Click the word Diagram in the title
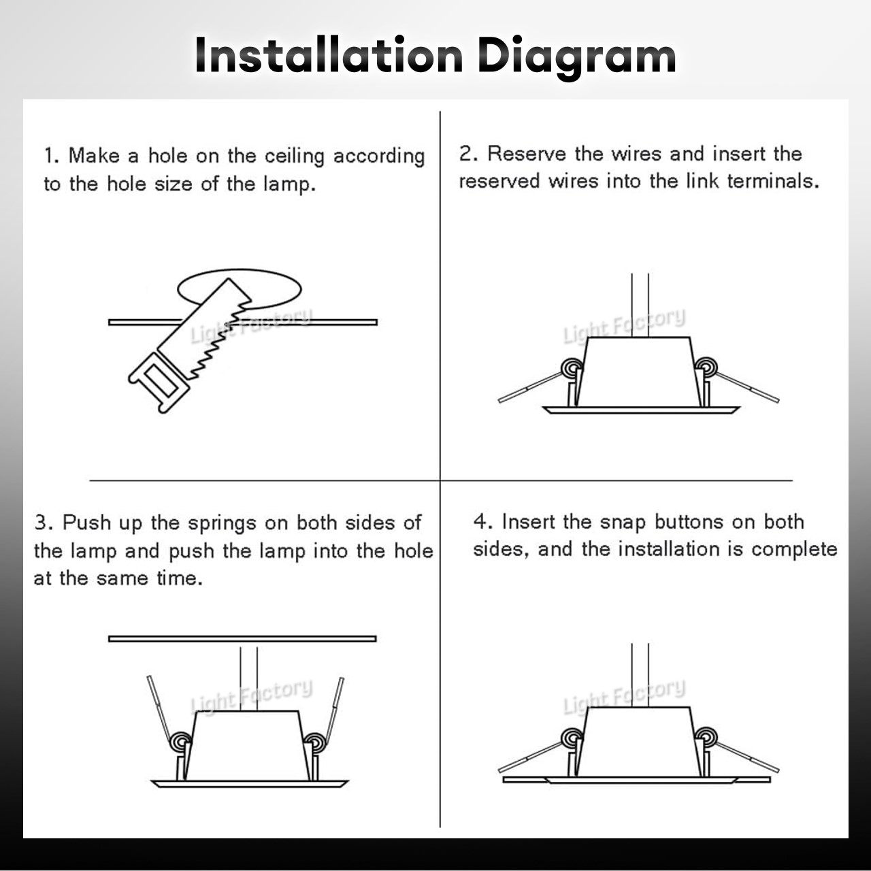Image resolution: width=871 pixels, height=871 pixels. (577, 58)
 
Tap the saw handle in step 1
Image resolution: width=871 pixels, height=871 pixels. (159, 382)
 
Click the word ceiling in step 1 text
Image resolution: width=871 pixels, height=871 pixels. (294, 157)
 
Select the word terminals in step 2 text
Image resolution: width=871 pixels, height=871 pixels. (773, 181)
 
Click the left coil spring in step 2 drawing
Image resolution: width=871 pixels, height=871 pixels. (572, 367)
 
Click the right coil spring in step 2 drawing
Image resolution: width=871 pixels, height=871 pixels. (706, 367)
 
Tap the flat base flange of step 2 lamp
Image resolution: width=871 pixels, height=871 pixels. (641, 410)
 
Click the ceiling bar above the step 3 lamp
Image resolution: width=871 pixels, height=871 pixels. (242, 639)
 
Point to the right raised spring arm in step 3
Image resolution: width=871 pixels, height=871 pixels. (335, 710)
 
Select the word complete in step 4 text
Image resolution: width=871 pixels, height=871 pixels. (794, 550)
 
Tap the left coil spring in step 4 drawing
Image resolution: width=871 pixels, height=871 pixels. (572, 738)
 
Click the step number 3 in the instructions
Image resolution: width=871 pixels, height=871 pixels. (41, 523)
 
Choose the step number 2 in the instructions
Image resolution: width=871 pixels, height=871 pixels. (465, 153)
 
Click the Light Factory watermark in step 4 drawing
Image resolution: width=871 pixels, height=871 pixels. (624, 697)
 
